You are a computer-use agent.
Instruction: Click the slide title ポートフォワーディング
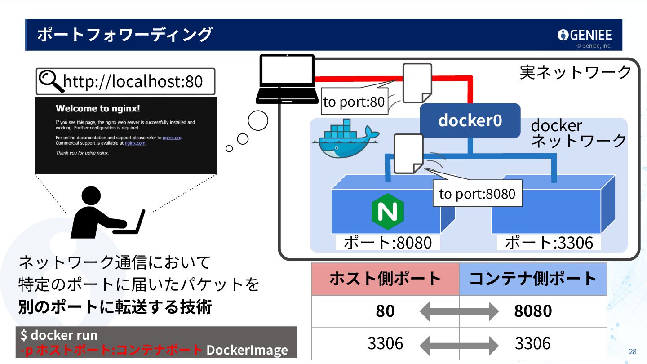pos(124,35)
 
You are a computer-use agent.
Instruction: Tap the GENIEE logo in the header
pos(584,35)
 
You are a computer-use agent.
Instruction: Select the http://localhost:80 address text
pos(133,82)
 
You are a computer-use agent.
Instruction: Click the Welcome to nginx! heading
pos(98,108)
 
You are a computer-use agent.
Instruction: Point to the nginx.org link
pos(173,138)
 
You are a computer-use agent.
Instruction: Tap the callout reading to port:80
pos(354,102)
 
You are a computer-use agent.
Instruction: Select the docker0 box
pos(470,120)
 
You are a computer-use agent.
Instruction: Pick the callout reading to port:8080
pos(477,194)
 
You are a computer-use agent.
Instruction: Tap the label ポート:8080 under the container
pos(387,243)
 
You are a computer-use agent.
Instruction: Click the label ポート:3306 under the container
pos(549,243)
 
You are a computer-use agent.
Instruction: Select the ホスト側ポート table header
pos(385,279)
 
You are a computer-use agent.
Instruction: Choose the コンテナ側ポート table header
pos(533,279)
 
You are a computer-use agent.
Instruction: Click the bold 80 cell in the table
pos(385,311)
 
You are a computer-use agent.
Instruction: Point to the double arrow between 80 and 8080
pos(459,311)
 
